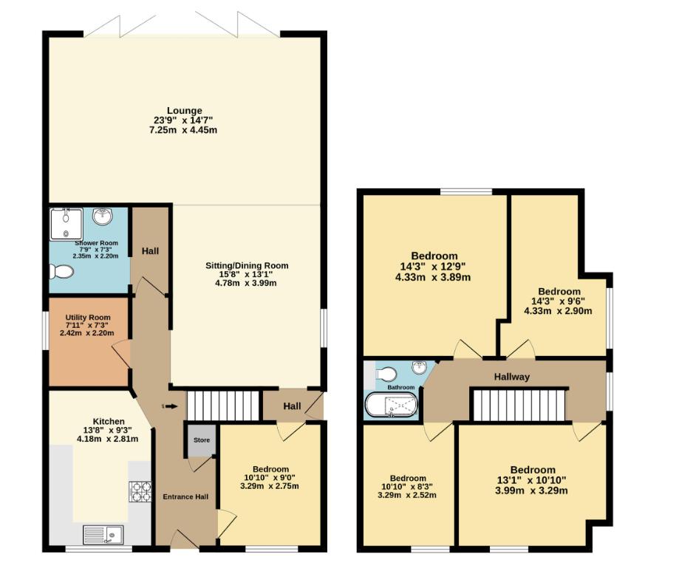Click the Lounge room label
(x=184, y=111)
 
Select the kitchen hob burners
(x=140, y=492)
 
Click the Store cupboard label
(x=202, y=440)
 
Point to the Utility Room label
(x=88, y=317)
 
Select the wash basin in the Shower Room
(x=103, y=217)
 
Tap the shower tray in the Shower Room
(x=66, y=224)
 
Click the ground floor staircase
(x=224, y=406)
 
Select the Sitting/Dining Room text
(x=247, y=265)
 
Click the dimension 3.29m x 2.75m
(x=270, y=486)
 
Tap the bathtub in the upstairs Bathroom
(x=392, y=406)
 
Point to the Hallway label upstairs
(x=512, y=377)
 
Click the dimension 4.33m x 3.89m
(x=433, y=278)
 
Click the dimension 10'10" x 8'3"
(x=407, y=487)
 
